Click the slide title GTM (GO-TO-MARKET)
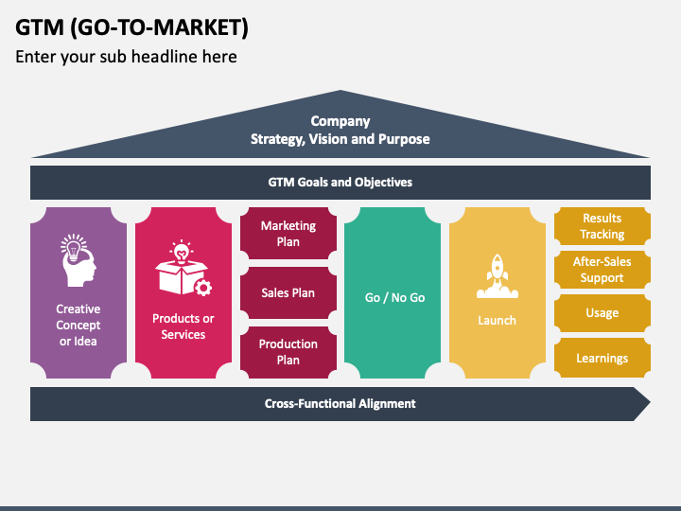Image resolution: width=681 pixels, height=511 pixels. tap(132, 26)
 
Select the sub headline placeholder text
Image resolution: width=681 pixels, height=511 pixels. tap(126, 57)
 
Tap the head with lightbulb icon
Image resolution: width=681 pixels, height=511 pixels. tap(78, 261)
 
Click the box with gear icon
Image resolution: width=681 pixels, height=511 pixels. tap(183, 271)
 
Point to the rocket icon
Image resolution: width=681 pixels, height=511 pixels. tap(497, 273)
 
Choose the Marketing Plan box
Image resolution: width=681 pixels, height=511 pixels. tap(288, 234)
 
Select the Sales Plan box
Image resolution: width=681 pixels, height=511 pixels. tap(288, 293)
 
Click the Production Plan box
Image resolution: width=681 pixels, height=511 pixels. tap(288, 352)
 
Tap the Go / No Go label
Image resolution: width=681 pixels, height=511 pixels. tap(394, 297)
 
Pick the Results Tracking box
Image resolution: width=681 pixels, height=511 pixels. tap(602, 226)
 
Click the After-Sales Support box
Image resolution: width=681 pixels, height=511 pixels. tap(602, 270)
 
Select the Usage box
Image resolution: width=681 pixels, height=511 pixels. tap(602, 313)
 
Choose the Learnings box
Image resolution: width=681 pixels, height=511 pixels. tap(602, 358)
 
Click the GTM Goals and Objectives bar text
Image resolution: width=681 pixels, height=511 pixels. tap(340, 182)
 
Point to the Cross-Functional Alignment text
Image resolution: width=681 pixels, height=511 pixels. tap(340, 403)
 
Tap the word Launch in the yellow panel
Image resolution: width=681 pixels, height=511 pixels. tap(497, 320)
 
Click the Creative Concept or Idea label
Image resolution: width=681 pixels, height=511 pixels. tap(79, 325)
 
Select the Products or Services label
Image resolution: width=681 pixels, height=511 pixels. tap(183, 326)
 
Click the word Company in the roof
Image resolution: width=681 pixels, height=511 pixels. tap(340, 121)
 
